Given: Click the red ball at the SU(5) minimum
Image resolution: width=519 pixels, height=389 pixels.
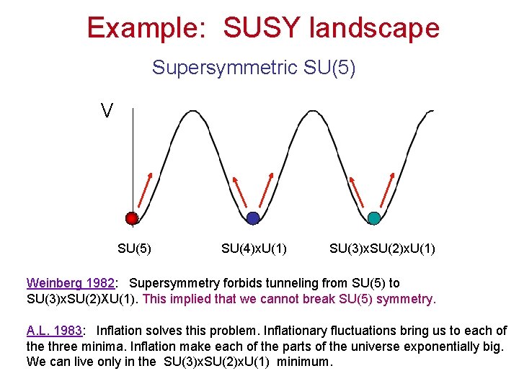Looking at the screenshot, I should point(131,218).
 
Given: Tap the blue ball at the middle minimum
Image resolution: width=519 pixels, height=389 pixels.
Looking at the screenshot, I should point(252,218).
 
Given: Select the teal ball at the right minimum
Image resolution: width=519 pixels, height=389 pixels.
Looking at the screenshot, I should point(373,218).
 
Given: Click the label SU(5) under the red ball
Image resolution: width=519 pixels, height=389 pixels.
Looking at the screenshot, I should point(134,249).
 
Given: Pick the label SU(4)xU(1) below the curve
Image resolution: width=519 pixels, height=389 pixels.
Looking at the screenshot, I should point(254,249).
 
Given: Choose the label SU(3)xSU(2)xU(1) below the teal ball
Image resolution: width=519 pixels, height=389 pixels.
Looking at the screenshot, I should point(382,249).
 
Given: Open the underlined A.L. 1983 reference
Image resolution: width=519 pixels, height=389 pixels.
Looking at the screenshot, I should point(54,331).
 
